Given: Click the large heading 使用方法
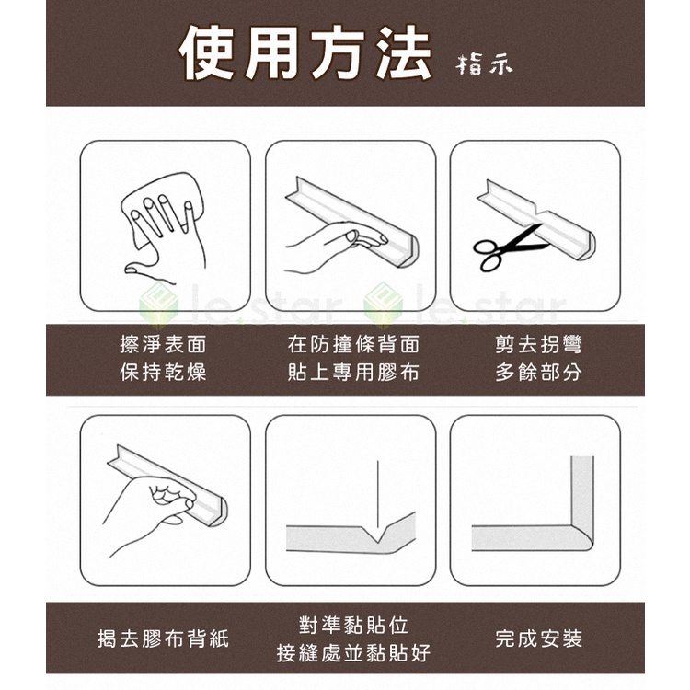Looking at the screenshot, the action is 305,52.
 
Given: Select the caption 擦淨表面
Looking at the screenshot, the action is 163,344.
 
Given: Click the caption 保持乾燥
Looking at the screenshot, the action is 163,372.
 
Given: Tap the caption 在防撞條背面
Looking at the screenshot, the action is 353,344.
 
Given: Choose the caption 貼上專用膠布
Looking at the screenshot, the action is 353,372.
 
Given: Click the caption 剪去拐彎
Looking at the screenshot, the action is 538,344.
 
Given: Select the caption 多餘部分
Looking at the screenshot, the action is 538,372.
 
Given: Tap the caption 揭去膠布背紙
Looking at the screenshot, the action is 163,638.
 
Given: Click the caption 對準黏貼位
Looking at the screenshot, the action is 353,625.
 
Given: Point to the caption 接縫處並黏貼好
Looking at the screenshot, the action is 353,652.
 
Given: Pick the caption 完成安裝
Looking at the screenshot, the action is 538,638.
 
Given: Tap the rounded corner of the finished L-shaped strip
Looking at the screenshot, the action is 583,538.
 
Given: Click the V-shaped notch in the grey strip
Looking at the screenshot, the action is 377,534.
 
